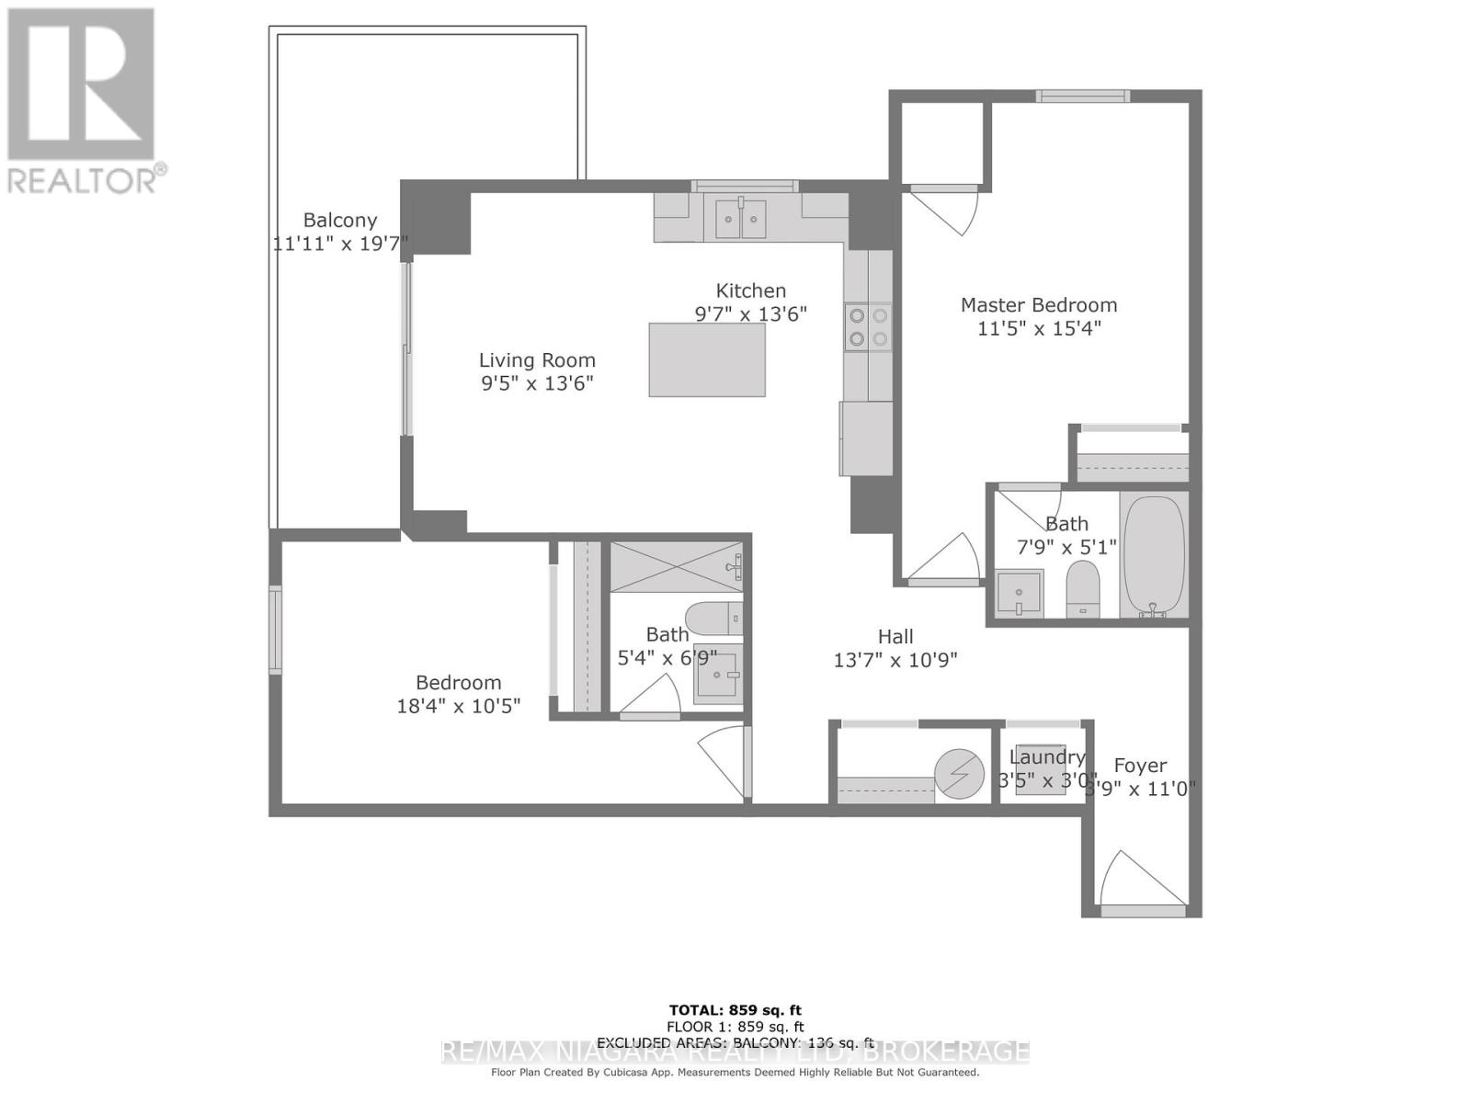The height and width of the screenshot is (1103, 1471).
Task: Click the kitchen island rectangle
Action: click(x=707, y=359)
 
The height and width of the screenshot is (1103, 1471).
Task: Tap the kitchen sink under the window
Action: click(x=741, y=219)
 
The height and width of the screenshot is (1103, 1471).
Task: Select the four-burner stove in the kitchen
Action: click(x=868, y=327)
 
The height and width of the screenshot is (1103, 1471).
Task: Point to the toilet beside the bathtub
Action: click(x=1083, y=588)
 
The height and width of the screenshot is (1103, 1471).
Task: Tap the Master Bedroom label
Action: click(x=1039, y=305)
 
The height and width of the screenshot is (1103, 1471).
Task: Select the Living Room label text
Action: click(x=537, y=360)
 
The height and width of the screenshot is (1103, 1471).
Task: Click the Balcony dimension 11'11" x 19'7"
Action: click(x=340, y=244)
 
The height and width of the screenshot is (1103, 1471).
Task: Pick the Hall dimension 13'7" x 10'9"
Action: click(x=895, y=660)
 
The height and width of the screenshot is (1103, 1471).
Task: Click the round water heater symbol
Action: click(x=959, y=774)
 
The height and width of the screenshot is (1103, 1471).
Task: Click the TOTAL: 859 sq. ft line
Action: click(x=735, y=1010)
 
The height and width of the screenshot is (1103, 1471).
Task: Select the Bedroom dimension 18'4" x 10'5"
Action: click(x=458, y=706)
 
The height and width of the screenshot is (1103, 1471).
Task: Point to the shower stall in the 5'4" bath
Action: click(x=676, y=567)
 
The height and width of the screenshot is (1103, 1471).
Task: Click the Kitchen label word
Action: click(x=751, y=290)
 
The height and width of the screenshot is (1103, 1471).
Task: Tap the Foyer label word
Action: click(x=1140, y=766)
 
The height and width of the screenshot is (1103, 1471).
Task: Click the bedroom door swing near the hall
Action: click(x=724, y=761)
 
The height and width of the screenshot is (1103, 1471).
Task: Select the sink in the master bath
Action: click(x=1020, y=592)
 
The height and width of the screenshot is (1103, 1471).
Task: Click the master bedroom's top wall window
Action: click(x=1082, y=96)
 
